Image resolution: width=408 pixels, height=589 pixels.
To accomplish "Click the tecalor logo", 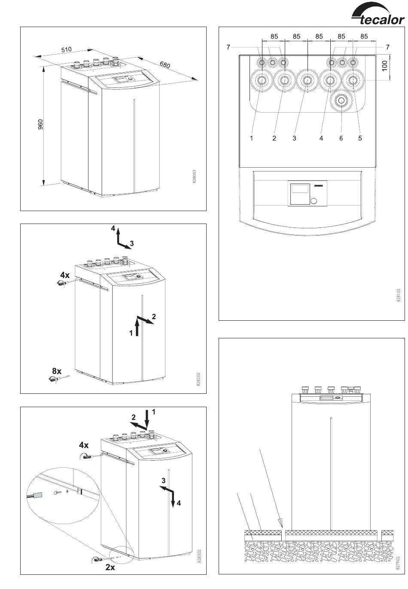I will click(x=378, y=17).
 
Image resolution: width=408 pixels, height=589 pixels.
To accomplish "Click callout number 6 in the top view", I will click(x=341, y=138).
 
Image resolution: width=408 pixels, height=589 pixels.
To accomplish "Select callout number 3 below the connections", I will click(x=294, y=138).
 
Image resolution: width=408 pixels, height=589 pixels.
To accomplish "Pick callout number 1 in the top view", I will click(x=252, y=138).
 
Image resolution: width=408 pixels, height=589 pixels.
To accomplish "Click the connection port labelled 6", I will click(x=342, y=101).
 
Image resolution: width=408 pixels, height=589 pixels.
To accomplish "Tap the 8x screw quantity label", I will click(x=57, y=371).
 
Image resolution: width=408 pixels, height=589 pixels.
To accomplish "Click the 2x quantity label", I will click(x=110, y=567).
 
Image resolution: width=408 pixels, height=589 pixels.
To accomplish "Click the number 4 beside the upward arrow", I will click(x=113, y=228).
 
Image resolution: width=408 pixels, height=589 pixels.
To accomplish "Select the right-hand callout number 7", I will click(x=388, y=47).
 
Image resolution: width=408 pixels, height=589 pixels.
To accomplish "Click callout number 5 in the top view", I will click(x=360, y=138).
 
